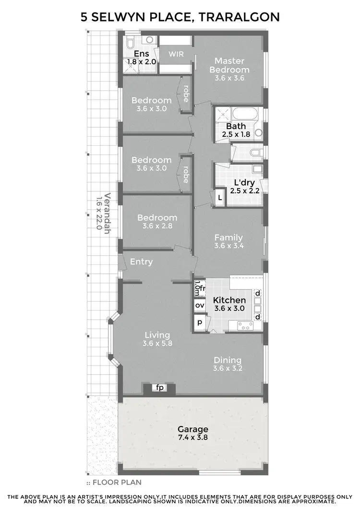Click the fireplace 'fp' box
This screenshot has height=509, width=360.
click(x=159, y=388)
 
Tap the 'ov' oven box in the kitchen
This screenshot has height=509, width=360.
click(x=199, y=305)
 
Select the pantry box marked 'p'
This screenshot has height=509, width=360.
click(x=199, y=322)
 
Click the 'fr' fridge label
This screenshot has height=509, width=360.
click(x=203, y=288)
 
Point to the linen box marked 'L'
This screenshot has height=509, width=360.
click(x=220, y=198)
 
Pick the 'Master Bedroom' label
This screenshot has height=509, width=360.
click(x=229, y=65)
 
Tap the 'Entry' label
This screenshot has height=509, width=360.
click(x=142, y=261)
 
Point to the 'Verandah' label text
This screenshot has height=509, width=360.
click(x=108, y=212)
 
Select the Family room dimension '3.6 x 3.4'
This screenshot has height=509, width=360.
click(x=228, y=246)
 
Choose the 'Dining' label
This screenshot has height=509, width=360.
click(x=228, y=360)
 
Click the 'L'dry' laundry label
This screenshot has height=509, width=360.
click(x=244, y=183)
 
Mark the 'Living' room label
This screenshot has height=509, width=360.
click(x=156, y=335)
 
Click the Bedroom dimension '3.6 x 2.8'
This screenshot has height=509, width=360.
click(x=157, y=226)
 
